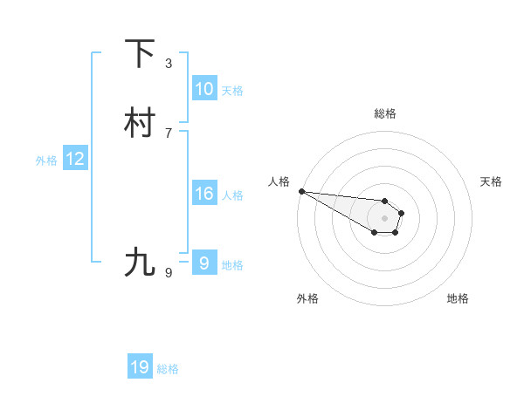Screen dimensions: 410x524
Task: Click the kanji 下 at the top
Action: click(x=140, y=53)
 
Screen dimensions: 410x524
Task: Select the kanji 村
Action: click(x=140, y=123)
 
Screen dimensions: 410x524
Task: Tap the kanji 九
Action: click(x=140, y=262)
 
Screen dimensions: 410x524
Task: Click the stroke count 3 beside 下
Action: click(x=169, y=63)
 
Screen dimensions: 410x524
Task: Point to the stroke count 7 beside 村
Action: click(x=169, y=133)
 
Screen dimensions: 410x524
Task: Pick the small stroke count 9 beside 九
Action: click(x=169, y=273)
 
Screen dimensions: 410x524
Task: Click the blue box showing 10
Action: click(x=203, y=89)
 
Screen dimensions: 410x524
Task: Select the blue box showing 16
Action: click(x=203, y=194)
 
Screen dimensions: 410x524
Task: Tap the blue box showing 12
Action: click(x=75, y=159)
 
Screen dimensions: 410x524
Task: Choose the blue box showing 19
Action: click(x=140, y=367)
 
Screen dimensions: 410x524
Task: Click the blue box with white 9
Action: click(x=203, y=263)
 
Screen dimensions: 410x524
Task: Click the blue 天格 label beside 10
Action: click(x=232, y=91)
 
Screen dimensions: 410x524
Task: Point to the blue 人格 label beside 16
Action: click(x=232, y=195)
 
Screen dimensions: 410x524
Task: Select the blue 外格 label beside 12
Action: click(x=46, y=161)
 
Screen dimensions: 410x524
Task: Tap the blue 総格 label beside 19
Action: click(x=168, y=369)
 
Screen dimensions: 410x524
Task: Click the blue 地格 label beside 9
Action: click(x=232, y=265)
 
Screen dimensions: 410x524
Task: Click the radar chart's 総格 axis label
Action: click(x=384, y=113)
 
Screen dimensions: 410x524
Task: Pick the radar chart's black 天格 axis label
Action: click(x=491, y=181)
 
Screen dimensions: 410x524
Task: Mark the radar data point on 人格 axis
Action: click(x=301, y=191)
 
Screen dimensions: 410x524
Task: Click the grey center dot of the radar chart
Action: click(x=384, y=218)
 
